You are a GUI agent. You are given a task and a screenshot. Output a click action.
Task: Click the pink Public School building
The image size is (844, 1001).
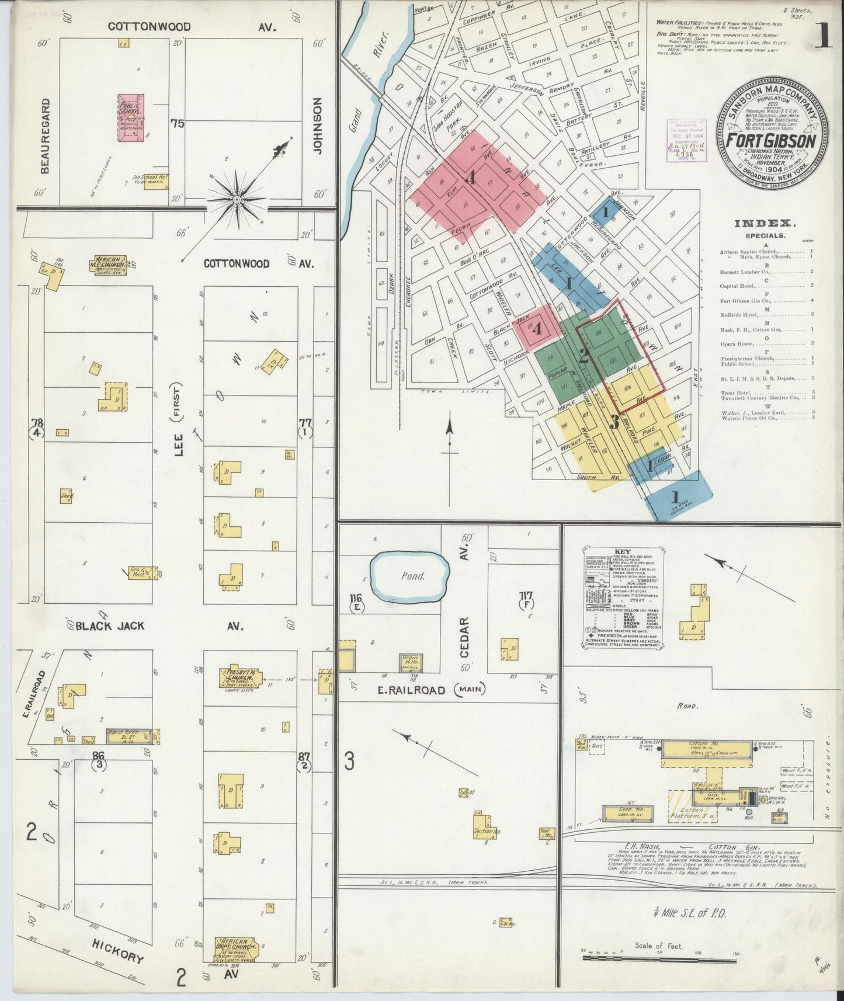(x=131, y=117)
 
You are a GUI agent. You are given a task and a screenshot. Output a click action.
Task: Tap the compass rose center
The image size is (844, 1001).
(x=237, y=200)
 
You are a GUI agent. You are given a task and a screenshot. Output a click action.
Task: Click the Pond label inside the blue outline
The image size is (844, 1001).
(x=412, y=576)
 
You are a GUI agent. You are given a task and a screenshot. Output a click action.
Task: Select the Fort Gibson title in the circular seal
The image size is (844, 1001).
(x=771, y=141)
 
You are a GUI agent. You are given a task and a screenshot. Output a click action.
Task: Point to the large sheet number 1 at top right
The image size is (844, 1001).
(x=823, y=35)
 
